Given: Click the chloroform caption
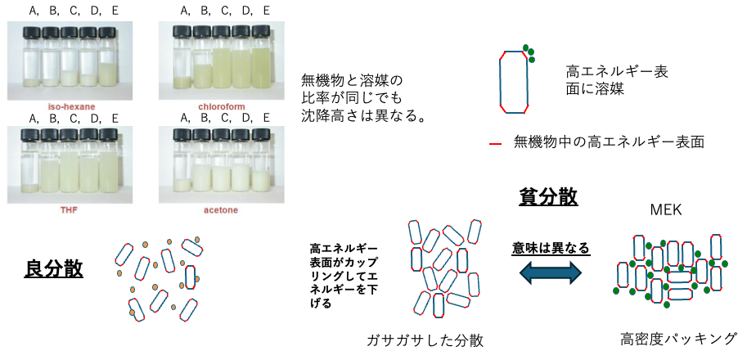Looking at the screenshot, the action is point(218,106).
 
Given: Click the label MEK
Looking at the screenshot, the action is point(665,210).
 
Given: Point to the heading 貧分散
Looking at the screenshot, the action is point(548,196).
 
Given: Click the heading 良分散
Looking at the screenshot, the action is point(53,269).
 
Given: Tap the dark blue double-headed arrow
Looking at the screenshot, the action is point(551,275).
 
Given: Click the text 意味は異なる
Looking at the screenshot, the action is point(551,248).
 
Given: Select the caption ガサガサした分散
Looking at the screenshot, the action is point(425,340).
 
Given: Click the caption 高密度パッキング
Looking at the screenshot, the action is point(678,339).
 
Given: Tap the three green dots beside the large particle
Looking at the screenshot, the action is point(529,53).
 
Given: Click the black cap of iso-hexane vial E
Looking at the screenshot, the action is point(106,33).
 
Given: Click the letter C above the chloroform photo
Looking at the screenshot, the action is point(223,10).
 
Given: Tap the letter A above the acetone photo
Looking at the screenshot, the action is point(184,118).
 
